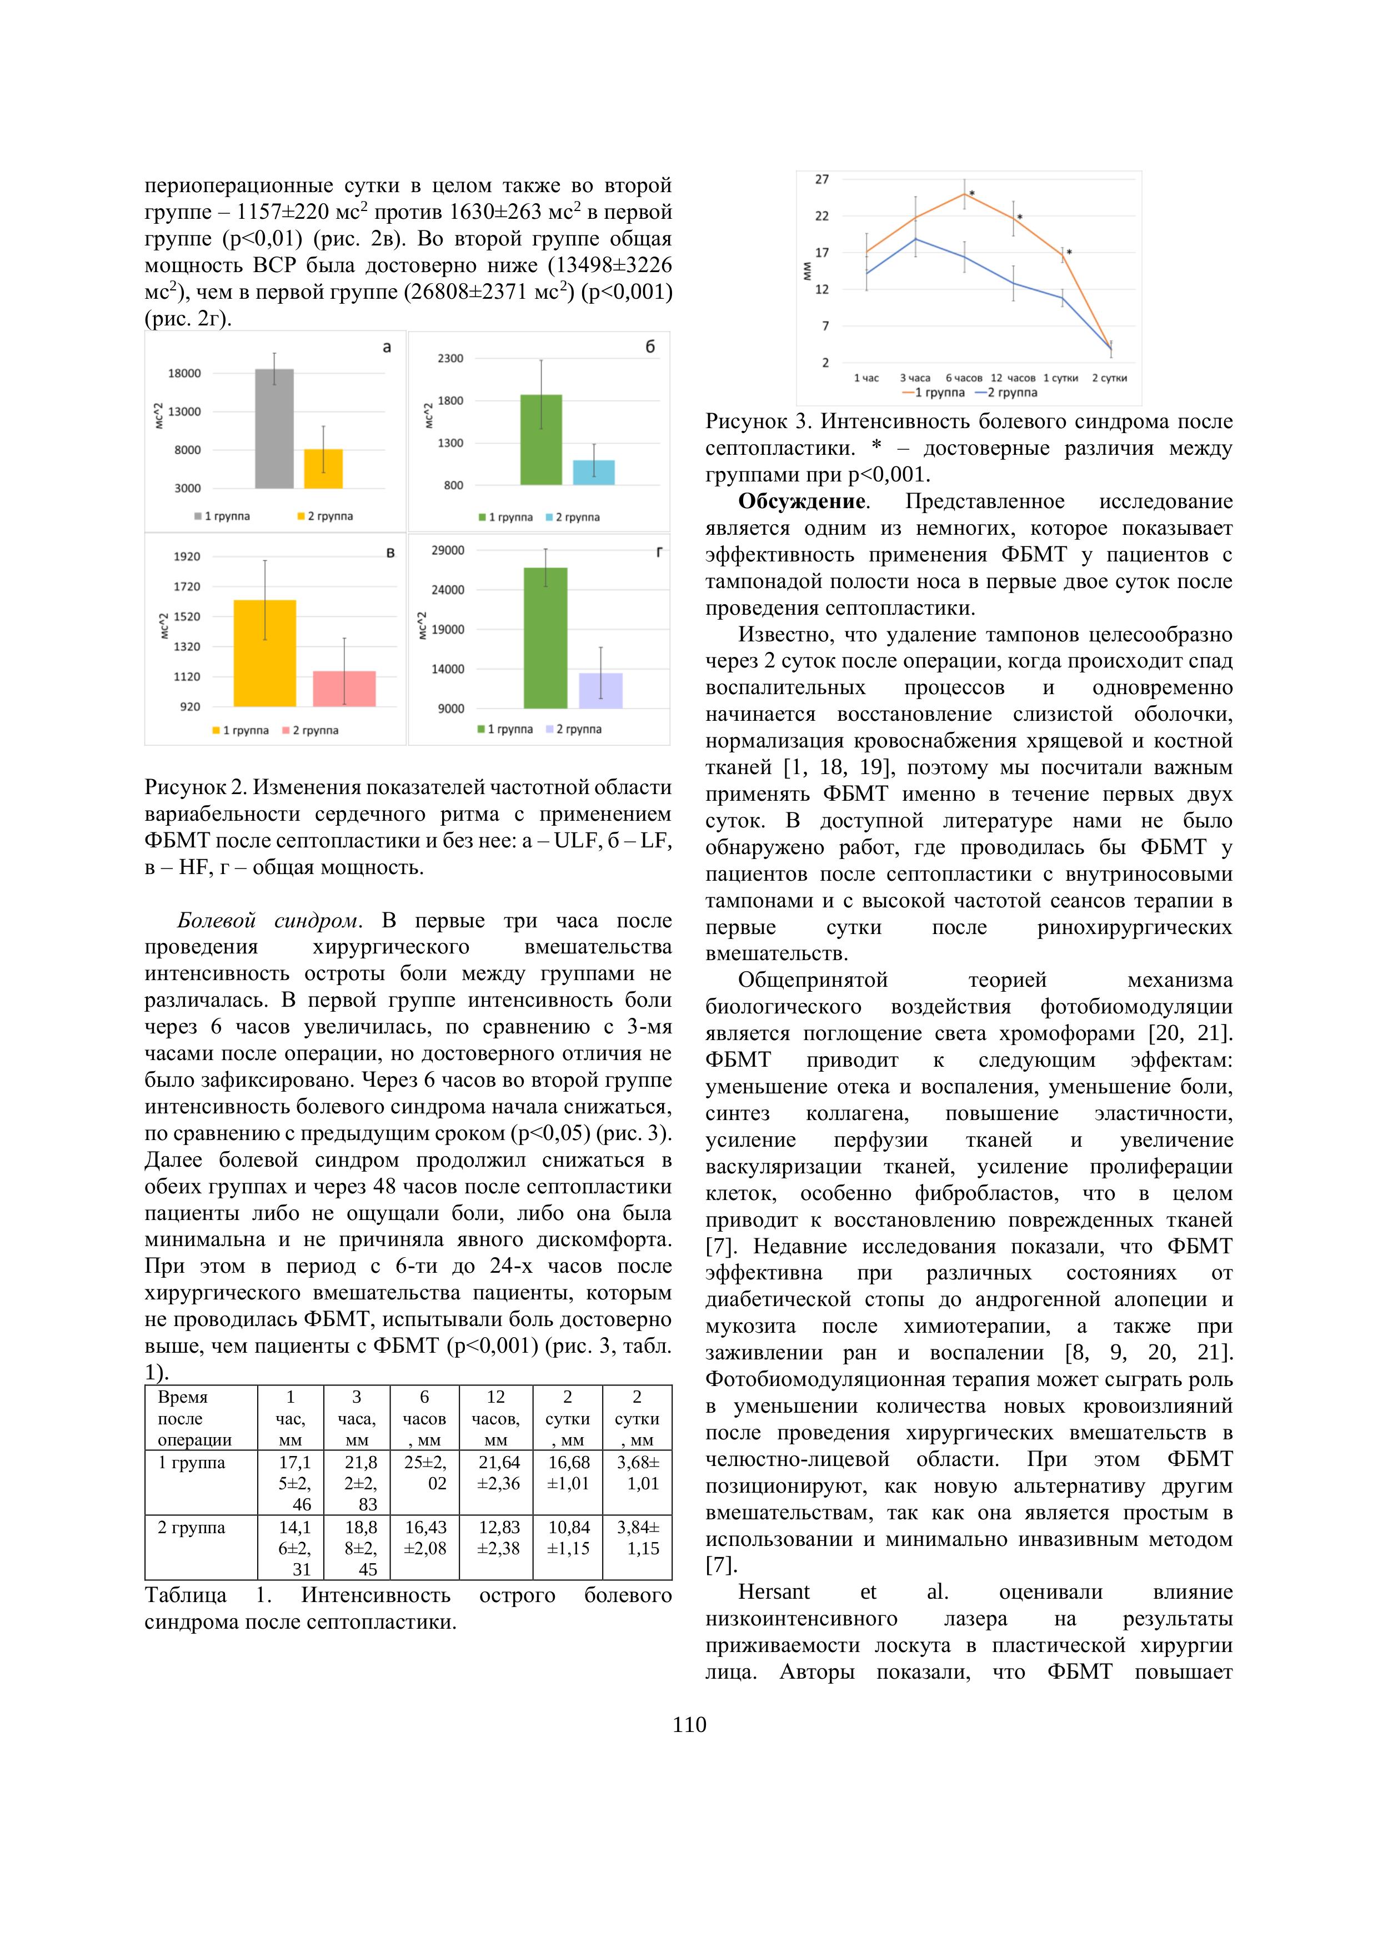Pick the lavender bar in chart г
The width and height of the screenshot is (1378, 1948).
(601, 690)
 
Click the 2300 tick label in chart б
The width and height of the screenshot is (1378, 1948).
(450, 359)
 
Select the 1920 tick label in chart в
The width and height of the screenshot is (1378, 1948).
(187, 556)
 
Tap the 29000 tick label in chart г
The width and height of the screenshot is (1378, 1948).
(448, 551)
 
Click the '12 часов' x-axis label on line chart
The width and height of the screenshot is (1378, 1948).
(1013, 378)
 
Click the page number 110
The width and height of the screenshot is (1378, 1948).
(689, 1725)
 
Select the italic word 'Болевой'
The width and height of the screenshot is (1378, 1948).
(216, 921)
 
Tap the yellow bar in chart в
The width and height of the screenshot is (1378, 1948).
(265, 652)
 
